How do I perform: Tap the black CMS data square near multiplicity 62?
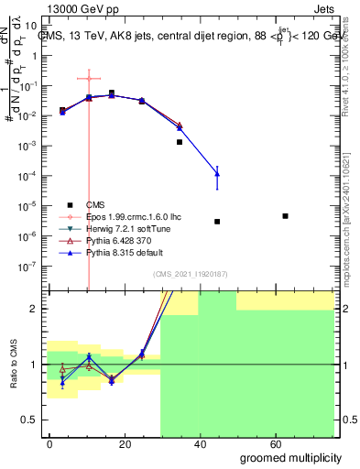286,216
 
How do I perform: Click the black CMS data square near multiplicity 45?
217,222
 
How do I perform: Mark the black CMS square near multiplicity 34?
180,142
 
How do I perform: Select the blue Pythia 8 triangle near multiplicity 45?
217,172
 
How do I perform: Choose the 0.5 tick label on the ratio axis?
33,420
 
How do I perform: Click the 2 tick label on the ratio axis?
38,309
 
